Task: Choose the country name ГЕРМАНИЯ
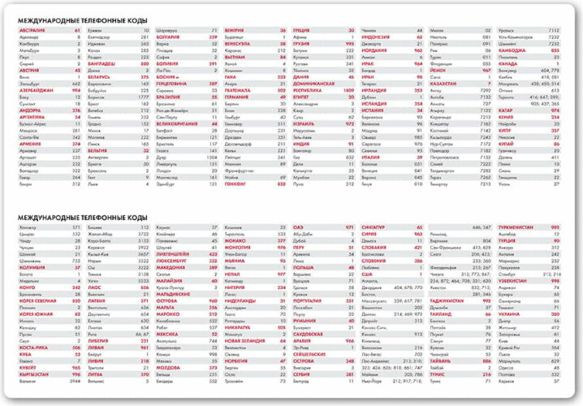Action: point(238,97)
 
